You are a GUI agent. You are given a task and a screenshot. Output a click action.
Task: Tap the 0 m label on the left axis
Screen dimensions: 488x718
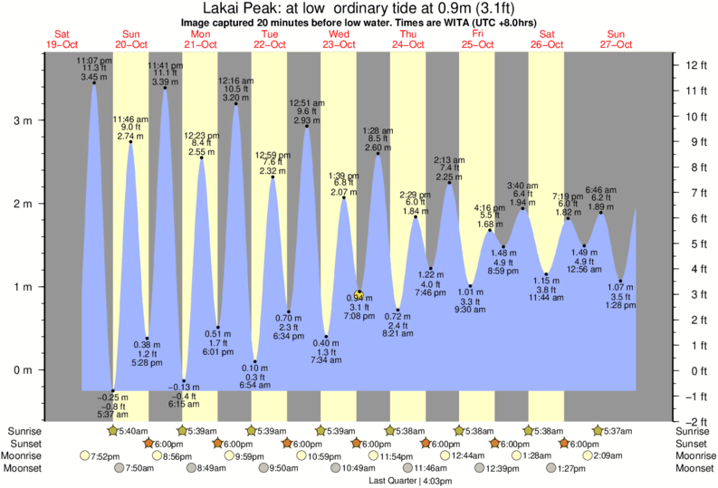pyautogui.click(x=26, y=370)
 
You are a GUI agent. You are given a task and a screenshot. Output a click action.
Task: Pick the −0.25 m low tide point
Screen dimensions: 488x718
pyautogui.click(x=113, y=391)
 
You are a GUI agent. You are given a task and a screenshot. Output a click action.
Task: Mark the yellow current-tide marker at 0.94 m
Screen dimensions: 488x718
pyautogui.click(x=359, y=292)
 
